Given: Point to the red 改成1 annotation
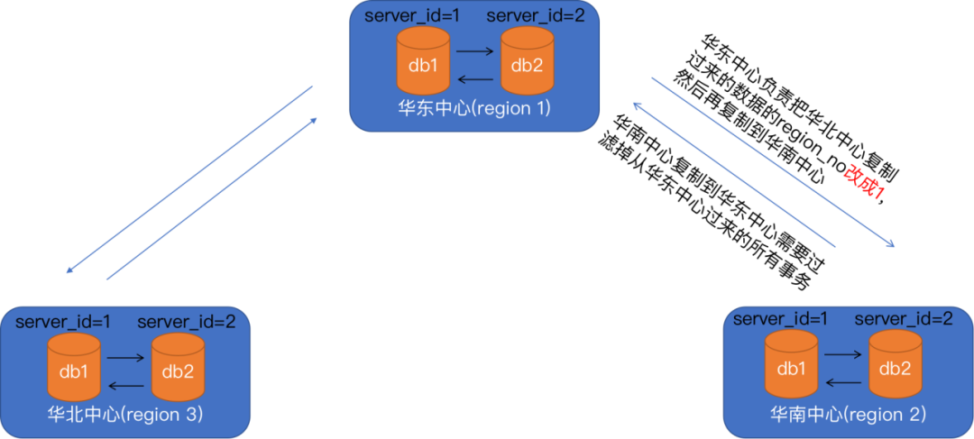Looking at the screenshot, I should click(865, 182).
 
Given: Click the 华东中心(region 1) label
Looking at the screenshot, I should click(474, 108).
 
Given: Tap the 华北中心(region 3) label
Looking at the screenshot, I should click(124, 415).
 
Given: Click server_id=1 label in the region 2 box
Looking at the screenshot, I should click(781, 318).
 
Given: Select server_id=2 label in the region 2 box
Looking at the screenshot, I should click(903, 318).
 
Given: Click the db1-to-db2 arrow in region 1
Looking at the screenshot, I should click(475, 52).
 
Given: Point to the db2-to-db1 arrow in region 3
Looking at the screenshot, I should click(125, 386).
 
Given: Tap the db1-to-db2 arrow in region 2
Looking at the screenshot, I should click(843, 356).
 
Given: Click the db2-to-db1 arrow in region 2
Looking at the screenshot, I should click(843, 383).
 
